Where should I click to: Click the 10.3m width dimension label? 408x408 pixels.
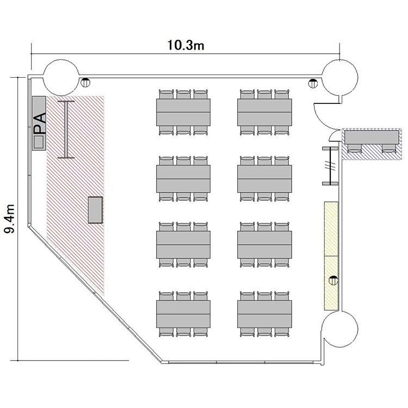point(186,45)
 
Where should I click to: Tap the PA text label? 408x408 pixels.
point(40,123)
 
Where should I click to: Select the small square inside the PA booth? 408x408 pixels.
point(39,142)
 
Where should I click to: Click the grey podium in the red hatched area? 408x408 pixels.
point(95,210)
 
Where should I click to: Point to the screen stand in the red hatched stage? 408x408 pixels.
point(66,129)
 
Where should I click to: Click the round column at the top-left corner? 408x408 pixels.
point(60,78)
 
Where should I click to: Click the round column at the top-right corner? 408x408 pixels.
point(340,78)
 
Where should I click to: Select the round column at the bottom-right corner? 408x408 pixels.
point(340,329)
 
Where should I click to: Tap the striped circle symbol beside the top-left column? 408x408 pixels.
point(85,83)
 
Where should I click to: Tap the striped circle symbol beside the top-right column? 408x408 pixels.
point(313,83)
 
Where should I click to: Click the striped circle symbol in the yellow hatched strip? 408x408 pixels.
point(333,280)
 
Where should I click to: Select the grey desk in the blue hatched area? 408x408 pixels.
point(372,137)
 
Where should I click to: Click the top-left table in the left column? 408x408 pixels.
point(183,112)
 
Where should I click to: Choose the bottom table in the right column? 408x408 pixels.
point(264,314)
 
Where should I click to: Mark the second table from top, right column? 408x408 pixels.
point(264,179)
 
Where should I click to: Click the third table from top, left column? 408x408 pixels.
point(183,245)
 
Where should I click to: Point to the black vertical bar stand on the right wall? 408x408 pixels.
point(330,166)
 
